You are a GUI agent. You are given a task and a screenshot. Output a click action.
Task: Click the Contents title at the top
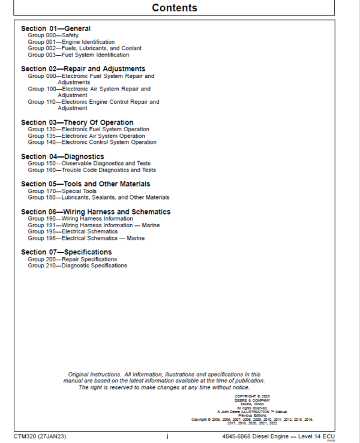tap(174, 8)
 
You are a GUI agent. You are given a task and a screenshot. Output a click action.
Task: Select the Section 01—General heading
tap(55, 29)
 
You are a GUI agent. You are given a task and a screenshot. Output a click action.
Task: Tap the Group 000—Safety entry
tap(53, 36)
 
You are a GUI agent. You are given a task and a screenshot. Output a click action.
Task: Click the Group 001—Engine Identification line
tap(71, 43)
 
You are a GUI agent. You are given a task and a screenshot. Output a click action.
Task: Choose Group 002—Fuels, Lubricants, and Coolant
tap(85, 49)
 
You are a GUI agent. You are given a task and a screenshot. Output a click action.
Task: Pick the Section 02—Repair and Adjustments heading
tap(83, 69)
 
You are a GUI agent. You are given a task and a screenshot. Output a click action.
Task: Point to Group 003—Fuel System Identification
tap(78, 55)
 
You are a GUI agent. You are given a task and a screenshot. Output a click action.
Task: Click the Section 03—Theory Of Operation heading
tap(77, 122)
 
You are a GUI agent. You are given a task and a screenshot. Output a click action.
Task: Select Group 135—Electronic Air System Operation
tap(86, 136)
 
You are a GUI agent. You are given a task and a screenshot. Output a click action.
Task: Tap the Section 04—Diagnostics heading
tap(62, 156)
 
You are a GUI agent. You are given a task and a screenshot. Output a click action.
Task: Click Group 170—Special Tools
tap(62, 191)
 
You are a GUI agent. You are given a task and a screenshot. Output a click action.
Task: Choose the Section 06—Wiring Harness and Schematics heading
tap(95, 212)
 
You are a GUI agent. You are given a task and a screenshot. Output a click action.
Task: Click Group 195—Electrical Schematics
tap(73, 231)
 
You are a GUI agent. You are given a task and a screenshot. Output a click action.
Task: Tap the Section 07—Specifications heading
tap(66, 252)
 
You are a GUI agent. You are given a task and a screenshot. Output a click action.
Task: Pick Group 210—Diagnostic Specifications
tap(77, 266)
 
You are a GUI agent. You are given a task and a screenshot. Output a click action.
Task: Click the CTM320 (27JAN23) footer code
tap(40, 436)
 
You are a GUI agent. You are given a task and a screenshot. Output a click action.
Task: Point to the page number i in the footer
tap(167, 436)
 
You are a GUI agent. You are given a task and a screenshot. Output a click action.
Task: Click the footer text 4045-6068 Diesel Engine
tap(254, 436)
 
